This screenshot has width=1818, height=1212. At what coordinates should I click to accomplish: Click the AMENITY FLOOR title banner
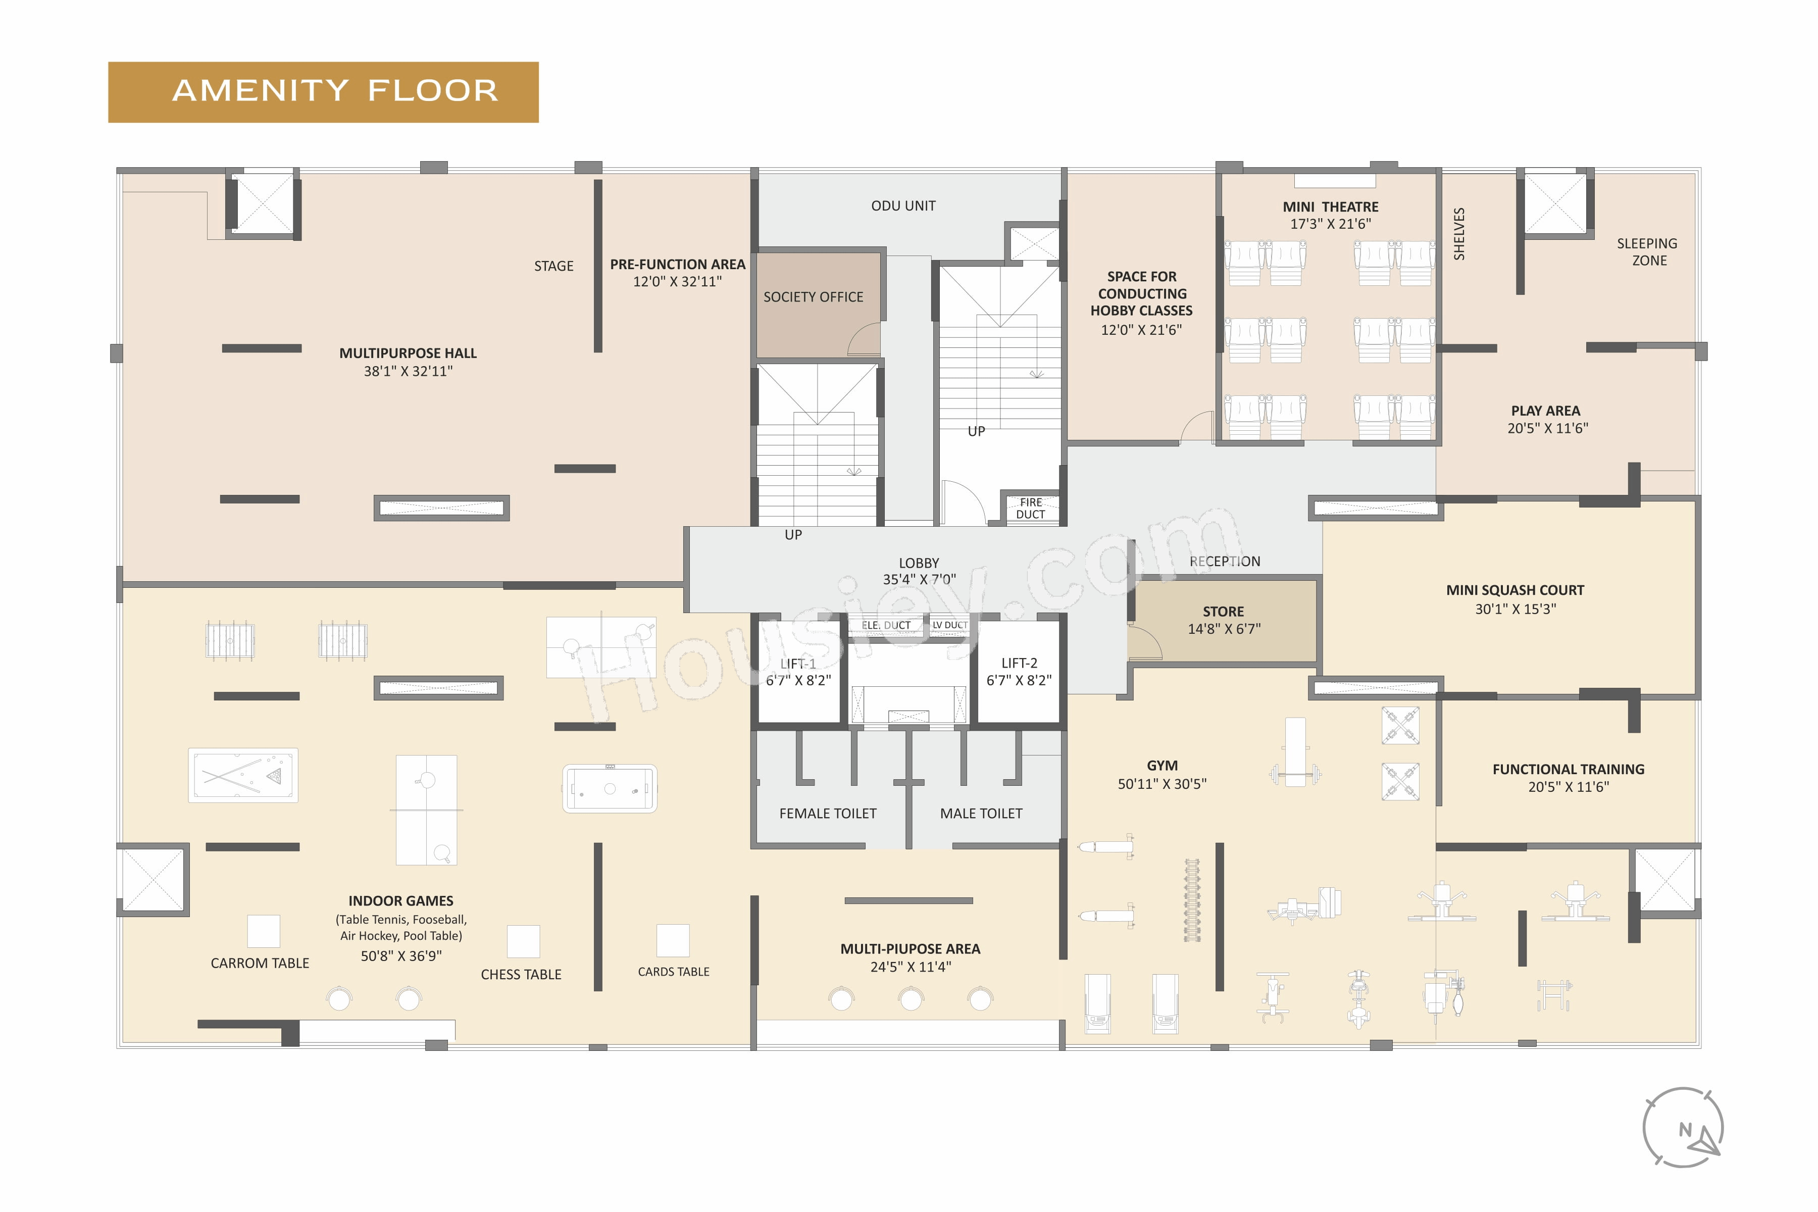tap(323, 92)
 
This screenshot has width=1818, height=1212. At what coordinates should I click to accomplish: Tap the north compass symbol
tap(1683, 1128)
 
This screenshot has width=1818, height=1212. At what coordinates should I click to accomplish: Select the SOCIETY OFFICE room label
tap(813, 297)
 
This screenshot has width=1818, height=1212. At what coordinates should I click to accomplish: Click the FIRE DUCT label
tap(1030, 508)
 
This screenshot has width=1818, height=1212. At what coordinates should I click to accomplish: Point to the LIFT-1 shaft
tap(798, 672)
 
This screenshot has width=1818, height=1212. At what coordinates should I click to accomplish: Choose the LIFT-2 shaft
tap(1019, 672)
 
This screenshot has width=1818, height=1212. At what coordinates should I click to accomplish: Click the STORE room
tap(1224, 621)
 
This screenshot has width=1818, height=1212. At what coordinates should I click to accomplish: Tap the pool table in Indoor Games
tap(243, 775)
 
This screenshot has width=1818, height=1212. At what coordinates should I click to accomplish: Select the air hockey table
tap(610, 788)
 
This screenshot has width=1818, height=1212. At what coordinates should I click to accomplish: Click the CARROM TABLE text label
tap(260, 963)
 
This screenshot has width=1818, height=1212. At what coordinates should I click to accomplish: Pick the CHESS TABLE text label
tap(521, 975)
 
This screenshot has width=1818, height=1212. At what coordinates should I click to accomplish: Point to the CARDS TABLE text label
tap(673, 972)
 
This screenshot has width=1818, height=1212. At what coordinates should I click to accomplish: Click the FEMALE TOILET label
tap(828, 813)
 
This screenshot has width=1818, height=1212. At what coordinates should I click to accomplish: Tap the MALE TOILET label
tap(981, 813)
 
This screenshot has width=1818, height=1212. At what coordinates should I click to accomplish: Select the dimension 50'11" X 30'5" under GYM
tap(1162, 784)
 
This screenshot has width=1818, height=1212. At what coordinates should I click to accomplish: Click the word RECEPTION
tap(1224, 561)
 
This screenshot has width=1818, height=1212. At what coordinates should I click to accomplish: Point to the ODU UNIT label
tap(903, 206)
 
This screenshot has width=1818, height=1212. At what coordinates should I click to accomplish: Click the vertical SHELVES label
tap(1458, 233)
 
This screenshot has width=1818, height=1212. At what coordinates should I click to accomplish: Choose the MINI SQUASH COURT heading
tap(1515, 590)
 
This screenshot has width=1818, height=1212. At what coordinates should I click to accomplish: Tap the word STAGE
tap(553, 266)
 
